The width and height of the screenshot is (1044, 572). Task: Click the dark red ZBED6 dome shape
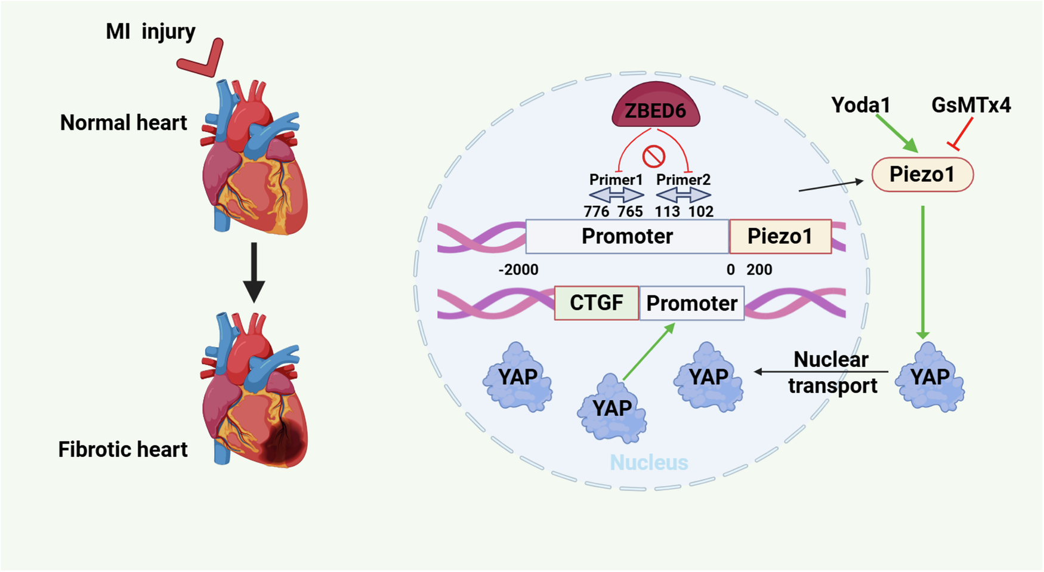[655, 106]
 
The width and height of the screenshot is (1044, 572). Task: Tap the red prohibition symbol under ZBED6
[654, 157]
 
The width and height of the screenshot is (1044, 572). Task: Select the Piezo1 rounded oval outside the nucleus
[922, 175]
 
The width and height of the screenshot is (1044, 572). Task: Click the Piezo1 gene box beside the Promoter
[780, 236]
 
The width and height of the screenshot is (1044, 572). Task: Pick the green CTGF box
[596, 303]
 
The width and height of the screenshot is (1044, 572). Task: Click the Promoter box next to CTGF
[691, 303]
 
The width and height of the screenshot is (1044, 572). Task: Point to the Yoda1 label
[860, 105]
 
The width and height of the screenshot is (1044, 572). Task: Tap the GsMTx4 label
[971, 105]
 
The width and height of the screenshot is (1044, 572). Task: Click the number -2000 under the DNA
[518, 270]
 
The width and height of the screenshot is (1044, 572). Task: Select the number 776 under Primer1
[596, 212]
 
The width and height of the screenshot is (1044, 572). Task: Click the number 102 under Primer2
[700, 212]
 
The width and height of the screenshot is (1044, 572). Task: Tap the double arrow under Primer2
[683, 195]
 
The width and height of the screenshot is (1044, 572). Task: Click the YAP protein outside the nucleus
[930, 377]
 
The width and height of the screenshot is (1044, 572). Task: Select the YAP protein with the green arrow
[612, 409]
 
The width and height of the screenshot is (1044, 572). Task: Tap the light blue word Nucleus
[648, 463]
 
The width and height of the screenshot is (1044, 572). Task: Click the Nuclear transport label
[832, 373]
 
